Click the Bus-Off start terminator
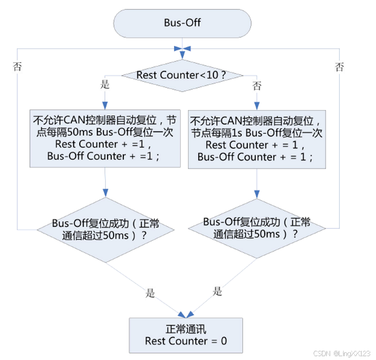click(x=182, y=23)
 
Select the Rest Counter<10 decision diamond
click(x=182, y=75)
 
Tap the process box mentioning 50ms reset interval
click(x=105, y=137)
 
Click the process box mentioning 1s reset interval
click(x=257, y=138)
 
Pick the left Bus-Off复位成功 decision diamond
click(x=105, y=229)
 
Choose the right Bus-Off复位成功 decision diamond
click(x=257, y=228)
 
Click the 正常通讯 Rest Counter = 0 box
click(x=186, y=335)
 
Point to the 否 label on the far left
click(x=17, y=67)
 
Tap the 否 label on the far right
click(x=339, y=67)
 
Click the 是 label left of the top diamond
click(x=105, y=85)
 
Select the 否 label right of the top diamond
click(x=257, y=86)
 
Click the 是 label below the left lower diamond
click(x=150, y=293)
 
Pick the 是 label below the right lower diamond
click(x=217, y=291)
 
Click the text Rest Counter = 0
click(x=186, y=341)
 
